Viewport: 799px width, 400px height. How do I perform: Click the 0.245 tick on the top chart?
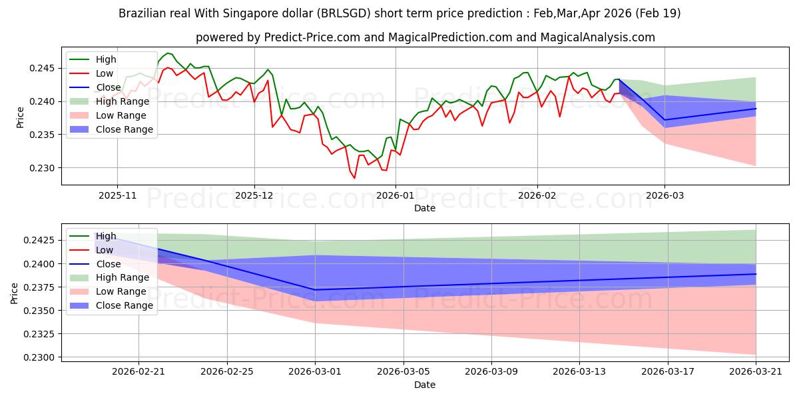pos(41,68)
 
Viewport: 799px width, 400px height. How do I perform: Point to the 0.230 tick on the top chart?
pos(41,168)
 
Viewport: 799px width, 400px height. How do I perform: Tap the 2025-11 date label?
pos(117,196)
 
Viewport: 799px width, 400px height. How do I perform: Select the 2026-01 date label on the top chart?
pos(396,196)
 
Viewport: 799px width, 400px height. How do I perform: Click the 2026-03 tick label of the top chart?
pos(665,196)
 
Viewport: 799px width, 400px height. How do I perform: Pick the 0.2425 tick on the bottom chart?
pos(39,240)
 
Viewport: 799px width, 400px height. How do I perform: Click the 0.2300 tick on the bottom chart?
pos(39,357)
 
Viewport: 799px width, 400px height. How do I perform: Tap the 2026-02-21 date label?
pos(138,372)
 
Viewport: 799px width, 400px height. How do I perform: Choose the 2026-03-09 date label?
pos(491,372)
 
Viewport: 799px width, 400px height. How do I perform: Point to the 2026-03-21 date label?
pos(756,372)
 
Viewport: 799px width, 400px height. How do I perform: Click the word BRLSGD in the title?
pos(343,13)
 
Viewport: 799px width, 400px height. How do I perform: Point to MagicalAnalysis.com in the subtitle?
pos(597,37)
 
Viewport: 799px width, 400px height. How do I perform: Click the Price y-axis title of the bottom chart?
pos(14,293)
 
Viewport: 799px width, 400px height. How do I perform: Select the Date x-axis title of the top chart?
pos(425,208)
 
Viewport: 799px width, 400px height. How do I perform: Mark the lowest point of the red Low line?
pos(354,178)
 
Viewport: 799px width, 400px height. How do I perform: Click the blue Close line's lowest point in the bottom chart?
pos(316,289)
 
